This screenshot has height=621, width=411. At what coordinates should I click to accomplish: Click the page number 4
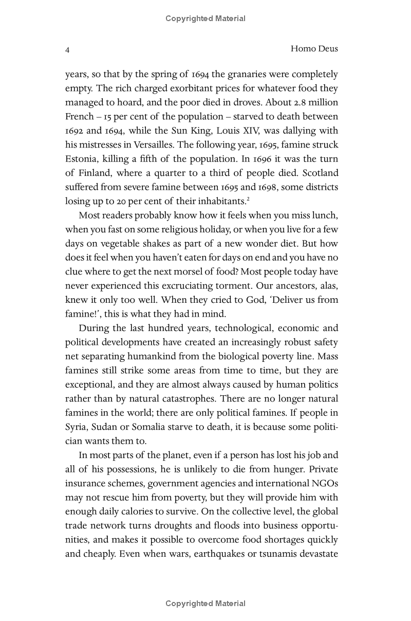click(x=67, y=50)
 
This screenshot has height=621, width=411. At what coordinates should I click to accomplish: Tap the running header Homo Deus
click(x=314, y=49)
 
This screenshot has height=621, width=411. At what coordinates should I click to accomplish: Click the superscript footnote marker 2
click(x=248, y=198)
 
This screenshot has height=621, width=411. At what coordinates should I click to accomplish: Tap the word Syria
click(x=76, y=427)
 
